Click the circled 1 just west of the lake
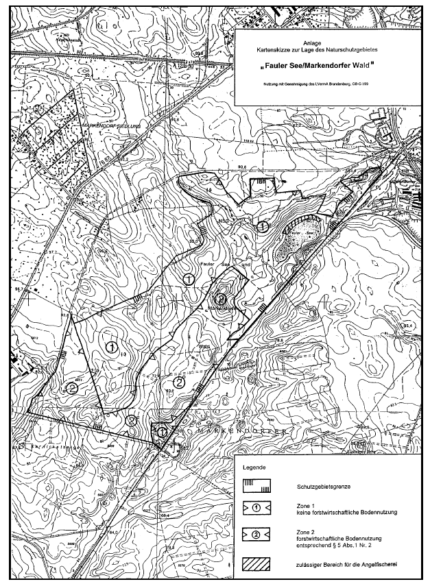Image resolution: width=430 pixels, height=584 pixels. click(261, 226)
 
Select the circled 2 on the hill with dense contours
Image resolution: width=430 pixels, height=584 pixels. click(220, 300)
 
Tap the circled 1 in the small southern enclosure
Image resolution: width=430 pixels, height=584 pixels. click(160, 432)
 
